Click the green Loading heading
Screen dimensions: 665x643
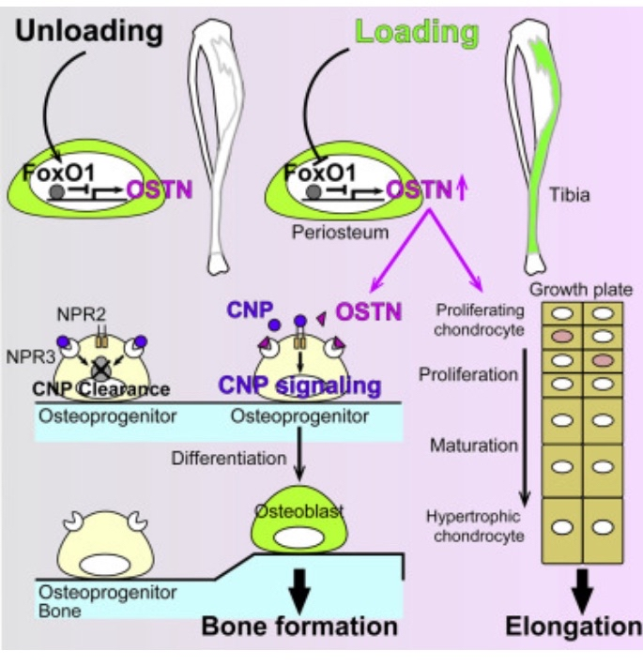click(x=417, y=33)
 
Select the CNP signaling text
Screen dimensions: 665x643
click(x=299, y=385)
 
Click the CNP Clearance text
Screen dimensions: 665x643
click(x=100, y=389)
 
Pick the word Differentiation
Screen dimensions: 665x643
click(x=229, y=458)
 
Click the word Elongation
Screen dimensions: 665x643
click(x=573, y=626)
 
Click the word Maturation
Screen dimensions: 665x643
click(x=475, y=445)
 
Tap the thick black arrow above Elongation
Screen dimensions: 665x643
click(x=583, y=587)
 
